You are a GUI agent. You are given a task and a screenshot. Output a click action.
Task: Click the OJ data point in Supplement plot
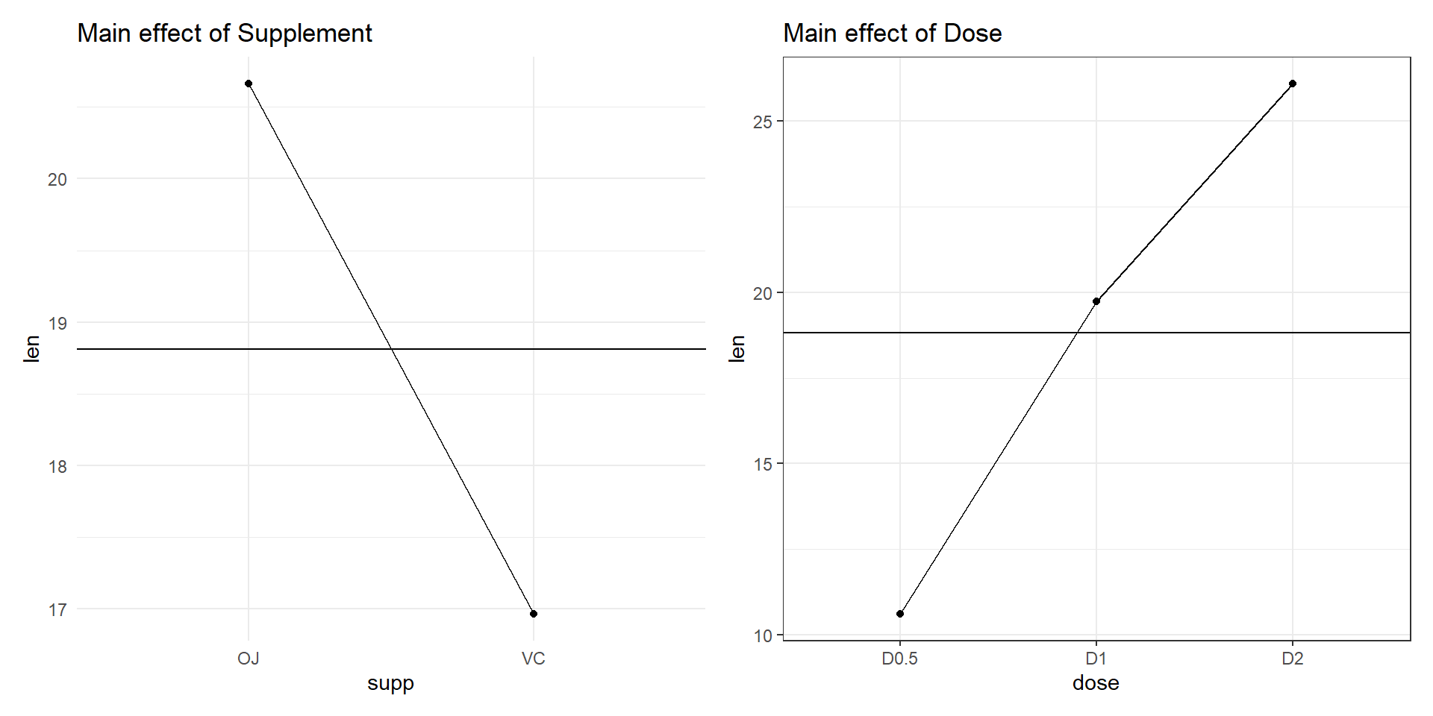click(249, 84)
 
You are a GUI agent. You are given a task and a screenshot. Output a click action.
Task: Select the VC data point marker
click(534, 614)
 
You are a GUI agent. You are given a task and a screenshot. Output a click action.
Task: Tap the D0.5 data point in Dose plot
click(900, 614)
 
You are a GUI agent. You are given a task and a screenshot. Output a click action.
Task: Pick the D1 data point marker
click(1096, 301)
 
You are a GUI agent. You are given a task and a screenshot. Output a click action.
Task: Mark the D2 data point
click(1293, 84)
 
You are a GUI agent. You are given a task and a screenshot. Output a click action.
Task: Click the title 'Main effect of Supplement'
click(224, 34)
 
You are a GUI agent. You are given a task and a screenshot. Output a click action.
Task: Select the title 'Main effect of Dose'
click(892, 34)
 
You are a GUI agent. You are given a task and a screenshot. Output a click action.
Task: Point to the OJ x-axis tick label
click(249, 659)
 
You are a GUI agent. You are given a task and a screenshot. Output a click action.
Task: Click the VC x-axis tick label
click(534, 659)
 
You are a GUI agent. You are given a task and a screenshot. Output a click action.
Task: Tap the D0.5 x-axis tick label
click(900, 659)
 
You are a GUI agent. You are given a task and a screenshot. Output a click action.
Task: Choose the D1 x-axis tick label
click(1096, 659)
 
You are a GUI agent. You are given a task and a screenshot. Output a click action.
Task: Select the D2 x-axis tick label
click(1293, 659)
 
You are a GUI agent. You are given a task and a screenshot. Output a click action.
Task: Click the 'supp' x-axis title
click(390, 683)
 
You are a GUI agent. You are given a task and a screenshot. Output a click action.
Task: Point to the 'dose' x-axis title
click(1096, 683)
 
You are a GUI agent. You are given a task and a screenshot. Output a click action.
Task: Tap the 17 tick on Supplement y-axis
click(57, 610)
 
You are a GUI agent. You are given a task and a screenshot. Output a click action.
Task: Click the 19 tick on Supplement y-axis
click(57, 323)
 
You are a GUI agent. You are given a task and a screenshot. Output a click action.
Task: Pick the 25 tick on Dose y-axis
click(763, 122)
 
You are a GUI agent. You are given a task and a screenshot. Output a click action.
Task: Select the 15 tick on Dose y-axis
click(763, 464)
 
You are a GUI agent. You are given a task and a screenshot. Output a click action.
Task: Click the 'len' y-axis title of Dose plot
click(737, 348)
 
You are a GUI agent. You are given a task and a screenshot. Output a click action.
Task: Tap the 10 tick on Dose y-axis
click(763, 636)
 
